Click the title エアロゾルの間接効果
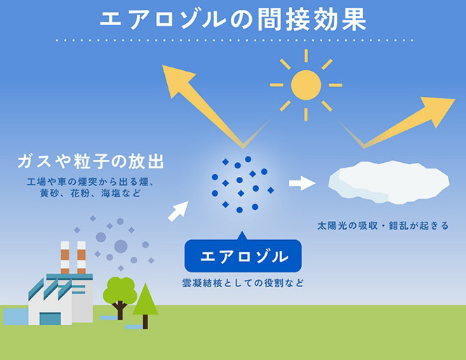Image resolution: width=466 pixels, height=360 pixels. point(233,20)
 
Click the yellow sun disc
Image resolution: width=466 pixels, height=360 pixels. point(306,85)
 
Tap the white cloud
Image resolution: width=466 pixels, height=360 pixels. point(389,182)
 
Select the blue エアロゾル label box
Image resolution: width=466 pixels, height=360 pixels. point(243,255)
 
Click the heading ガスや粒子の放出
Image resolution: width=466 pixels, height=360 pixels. point(91,161)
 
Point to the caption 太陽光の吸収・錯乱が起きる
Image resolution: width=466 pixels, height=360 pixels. point(382,226)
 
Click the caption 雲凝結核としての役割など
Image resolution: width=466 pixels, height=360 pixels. point(243,283)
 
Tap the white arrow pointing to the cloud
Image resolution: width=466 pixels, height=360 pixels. point(302,183)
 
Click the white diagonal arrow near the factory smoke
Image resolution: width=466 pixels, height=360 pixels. point(178,211)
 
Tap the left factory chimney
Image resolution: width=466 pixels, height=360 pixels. point(65,258)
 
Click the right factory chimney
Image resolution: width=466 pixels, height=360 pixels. point(81,258)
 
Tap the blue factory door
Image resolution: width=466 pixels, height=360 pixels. point(51,319)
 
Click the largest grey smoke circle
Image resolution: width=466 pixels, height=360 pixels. point(121,246)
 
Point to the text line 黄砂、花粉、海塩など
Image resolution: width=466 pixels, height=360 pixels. point(91,194)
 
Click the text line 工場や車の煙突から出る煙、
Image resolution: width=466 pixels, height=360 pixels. point(91,182)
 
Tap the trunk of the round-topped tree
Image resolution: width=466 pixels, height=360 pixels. point(120,311)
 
